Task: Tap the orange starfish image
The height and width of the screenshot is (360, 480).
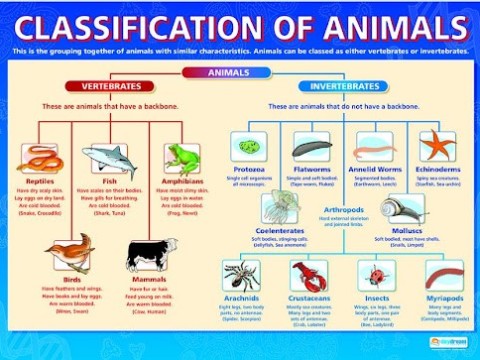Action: [x=437, y=147]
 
